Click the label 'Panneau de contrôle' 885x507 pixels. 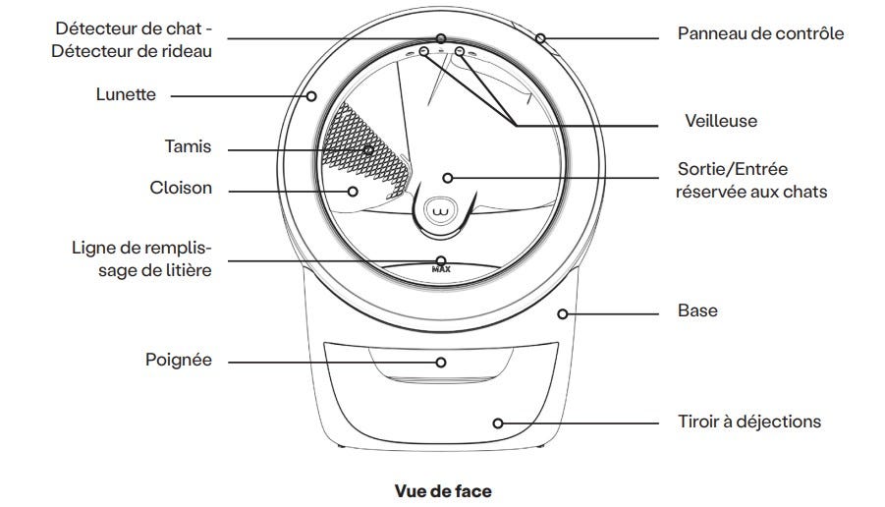(760, 33)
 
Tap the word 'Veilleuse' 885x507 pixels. (721, 121)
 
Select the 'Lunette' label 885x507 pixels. (126, 95)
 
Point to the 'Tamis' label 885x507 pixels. (189, 147)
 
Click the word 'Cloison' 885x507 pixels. (180, 187)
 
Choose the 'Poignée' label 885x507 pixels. (179, 361)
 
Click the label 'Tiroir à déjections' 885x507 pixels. (748, 422)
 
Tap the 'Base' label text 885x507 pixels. (697, 310)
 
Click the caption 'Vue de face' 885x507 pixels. (442, 489)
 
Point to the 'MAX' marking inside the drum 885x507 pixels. (440, 267)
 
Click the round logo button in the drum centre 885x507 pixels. (440, 209)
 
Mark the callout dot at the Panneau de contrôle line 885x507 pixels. (539, 38)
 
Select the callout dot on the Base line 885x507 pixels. (562, 313)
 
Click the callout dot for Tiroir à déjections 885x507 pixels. (498, 422)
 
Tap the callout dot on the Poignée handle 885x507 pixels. (441, 362)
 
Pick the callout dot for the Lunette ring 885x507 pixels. (311, 95)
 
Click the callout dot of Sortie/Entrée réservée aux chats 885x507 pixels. (447, 178)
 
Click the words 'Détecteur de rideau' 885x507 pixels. (133, 49)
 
